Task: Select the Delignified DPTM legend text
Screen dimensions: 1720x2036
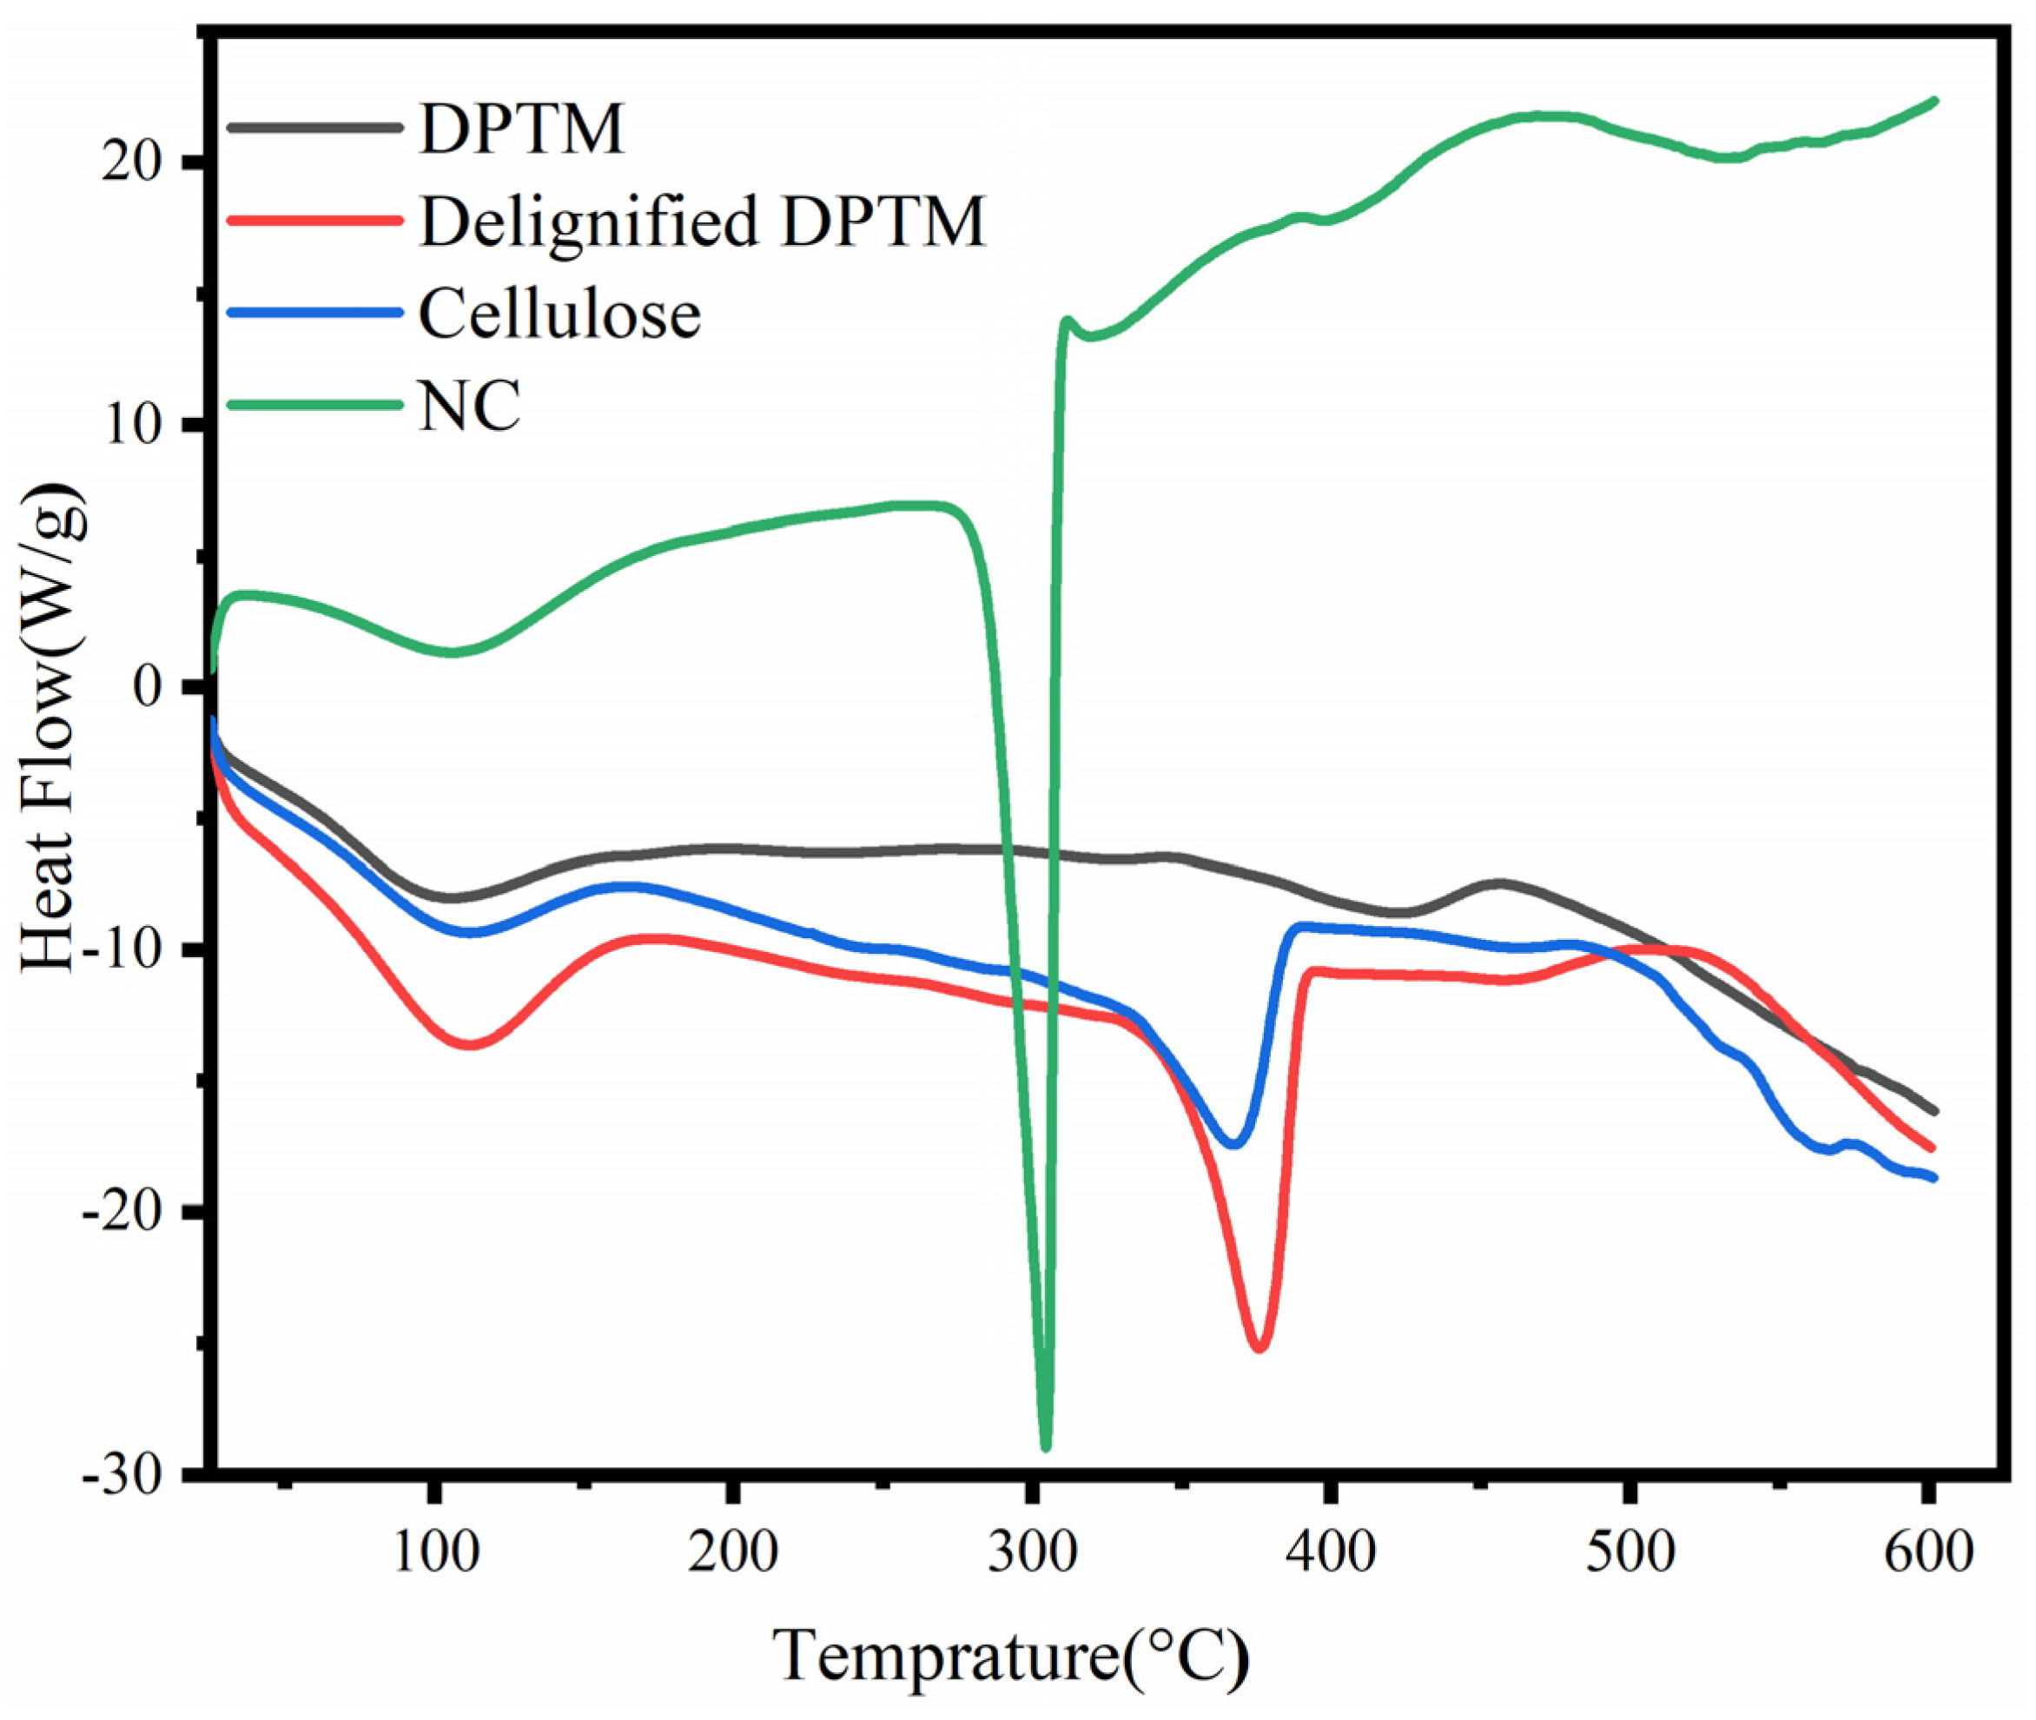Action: [702, 222]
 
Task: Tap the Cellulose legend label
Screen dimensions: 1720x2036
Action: [559, 314]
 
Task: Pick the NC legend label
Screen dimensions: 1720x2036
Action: [470, 406]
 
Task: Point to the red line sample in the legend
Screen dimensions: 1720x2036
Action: [314, 220]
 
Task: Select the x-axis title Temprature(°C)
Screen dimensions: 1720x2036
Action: [1011, 1657]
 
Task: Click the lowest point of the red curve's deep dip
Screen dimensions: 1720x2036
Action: [1259, 1349]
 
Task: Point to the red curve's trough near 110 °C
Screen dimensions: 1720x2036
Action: [469, 1044]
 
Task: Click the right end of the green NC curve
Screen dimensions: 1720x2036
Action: [1934, 99]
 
